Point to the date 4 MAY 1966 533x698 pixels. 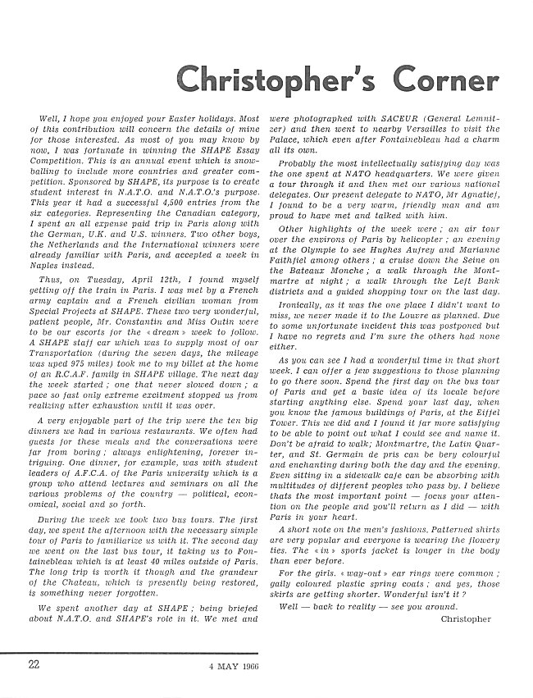click(x=233, y=665)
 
